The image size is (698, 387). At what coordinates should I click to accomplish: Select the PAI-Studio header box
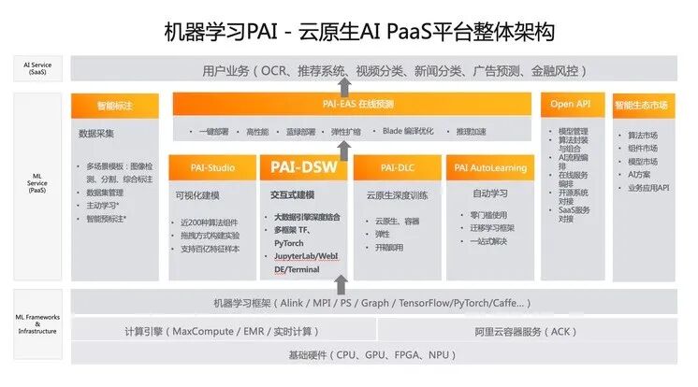point(212,168)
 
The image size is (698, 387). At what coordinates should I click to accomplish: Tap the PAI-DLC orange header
point(398,168)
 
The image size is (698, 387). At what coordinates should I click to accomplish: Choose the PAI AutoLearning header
point(491,168)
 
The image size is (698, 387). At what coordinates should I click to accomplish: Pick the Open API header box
point(571,104)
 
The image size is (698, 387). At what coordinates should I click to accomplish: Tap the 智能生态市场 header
point(643,104)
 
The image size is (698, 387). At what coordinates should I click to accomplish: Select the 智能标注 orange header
point(116,104)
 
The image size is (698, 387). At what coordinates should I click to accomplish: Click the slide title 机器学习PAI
point(348,31)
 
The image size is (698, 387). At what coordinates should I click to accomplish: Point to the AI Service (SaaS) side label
point(36,69)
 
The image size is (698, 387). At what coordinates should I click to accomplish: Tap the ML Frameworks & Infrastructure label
point(36,326)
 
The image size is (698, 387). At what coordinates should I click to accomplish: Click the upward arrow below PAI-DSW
point(342,281)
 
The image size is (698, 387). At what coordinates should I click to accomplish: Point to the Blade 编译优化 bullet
point(409,130)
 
